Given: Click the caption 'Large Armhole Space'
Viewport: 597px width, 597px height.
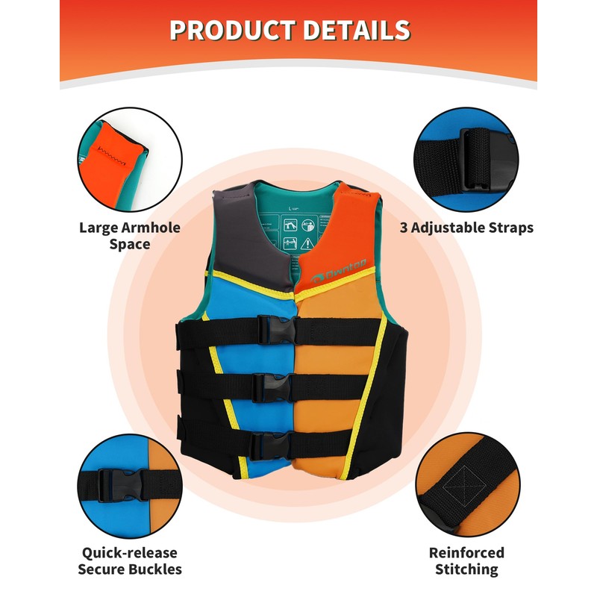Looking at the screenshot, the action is pyautogui.click(x=130, y=236).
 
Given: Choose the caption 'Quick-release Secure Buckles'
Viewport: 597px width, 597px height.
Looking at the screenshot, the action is pyautogui.click(x=130, y=561).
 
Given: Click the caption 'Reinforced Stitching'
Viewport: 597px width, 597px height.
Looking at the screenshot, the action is pyautogui.click(x=466, y=561).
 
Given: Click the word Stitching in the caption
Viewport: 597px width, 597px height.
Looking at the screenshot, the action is pyautogui.click(x=466, y=570).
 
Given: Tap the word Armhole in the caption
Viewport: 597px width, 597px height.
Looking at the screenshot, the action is pyautogui.click(x=154, y=228).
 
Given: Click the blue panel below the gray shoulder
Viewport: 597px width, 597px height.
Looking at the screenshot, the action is pyautogui.click(x=254, y=298).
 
